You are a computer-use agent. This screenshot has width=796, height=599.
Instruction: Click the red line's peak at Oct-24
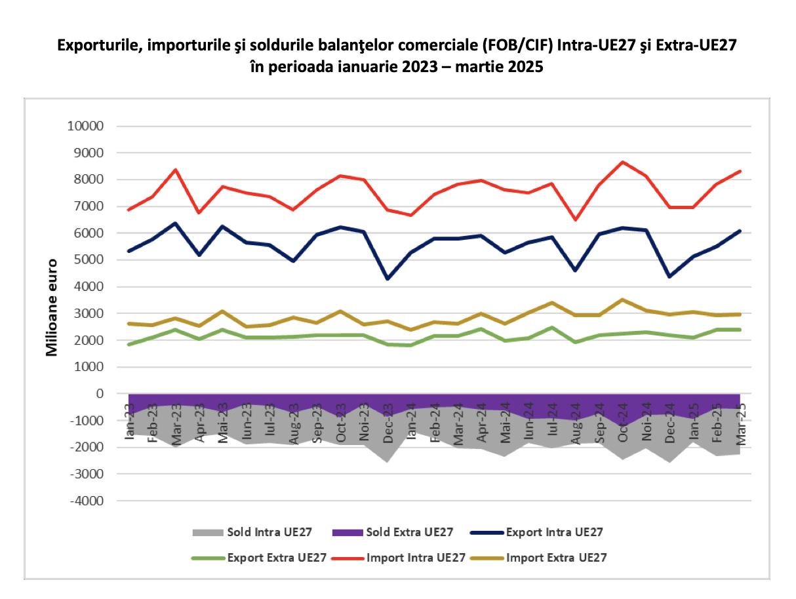point(623,162)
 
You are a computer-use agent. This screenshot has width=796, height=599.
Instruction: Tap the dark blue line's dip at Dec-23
point(388,279)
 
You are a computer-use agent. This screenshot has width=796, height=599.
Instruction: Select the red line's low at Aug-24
point(576,220)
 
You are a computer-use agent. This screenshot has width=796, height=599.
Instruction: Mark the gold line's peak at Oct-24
point(623,299)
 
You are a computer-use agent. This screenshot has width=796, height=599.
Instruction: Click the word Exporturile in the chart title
point(94,46)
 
